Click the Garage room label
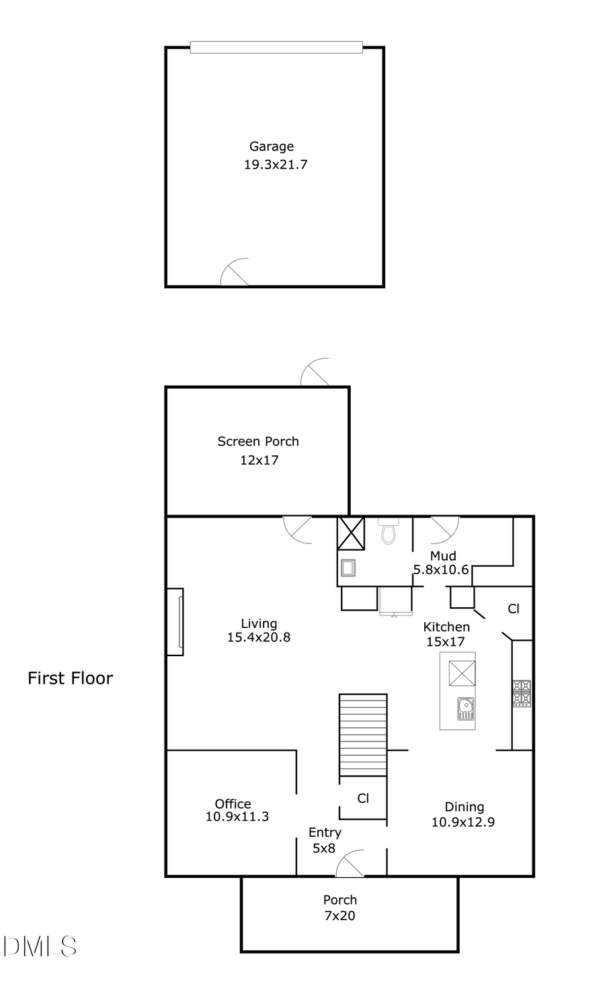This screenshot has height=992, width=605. click(272, 146)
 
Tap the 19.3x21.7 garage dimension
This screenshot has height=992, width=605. click(275, 165)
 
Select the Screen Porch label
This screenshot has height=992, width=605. click(258, 441)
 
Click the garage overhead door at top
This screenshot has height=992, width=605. click(276, 47)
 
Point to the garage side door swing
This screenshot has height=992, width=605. click(236, 273)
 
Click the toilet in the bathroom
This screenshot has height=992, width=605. click(388, 531)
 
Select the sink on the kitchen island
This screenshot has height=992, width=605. click(465, 709)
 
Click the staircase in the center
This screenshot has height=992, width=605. click(363, 735)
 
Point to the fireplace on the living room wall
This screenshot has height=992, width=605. click(176, 622)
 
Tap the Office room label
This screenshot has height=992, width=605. click(233, 803)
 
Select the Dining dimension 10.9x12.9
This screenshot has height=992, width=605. click(463, 822)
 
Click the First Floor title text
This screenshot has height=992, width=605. click(70, 678)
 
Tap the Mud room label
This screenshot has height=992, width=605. click(443, 555)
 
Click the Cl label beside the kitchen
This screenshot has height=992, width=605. click(514, 609)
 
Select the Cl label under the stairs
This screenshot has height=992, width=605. click(363, 798)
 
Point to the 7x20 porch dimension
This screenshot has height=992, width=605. click(339, 915)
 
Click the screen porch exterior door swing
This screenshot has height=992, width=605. click(316, 373)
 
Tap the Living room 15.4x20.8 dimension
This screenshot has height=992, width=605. click(259, 637)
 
